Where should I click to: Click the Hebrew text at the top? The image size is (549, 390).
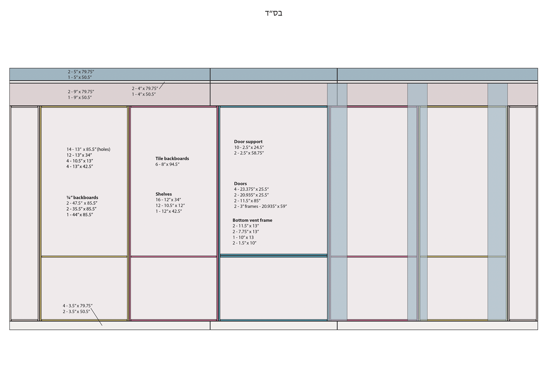[273, 13]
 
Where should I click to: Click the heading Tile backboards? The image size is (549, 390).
[172, 159]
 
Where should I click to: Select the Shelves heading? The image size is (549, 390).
[164, 194]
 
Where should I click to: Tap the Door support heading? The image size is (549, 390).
[248, 142]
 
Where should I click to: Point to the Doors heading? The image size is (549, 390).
[240, 184]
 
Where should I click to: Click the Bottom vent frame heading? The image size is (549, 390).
[252, 220]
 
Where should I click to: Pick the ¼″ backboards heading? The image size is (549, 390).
[82, 197]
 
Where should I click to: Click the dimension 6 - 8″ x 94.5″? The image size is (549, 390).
[167, 164]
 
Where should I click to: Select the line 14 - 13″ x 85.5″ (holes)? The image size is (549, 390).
[88, 149]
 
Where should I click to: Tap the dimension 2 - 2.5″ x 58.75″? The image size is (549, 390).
[249, 153]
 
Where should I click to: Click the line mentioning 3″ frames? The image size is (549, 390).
[260, 206]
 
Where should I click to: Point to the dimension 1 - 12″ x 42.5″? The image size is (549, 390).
[169, 211]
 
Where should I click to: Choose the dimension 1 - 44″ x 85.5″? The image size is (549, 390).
[80, 215]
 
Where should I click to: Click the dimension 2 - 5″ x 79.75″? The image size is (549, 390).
[81, 72]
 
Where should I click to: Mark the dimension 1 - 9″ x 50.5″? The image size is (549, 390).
[80, 98]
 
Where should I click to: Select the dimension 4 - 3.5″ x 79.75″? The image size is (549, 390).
[77, 306]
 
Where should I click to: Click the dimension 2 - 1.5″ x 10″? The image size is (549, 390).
[244, 243]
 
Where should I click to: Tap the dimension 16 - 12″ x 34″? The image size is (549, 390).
[168, 200]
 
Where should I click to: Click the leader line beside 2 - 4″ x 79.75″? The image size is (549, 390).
[162, 85]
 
